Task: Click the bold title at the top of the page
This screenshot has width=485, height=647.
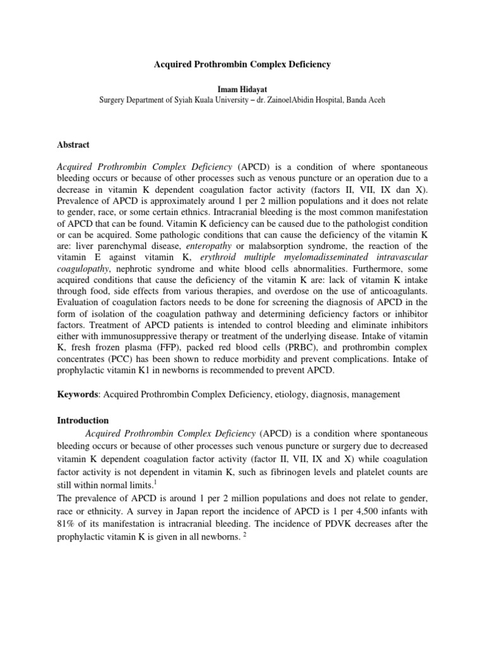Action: (242, 64)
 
